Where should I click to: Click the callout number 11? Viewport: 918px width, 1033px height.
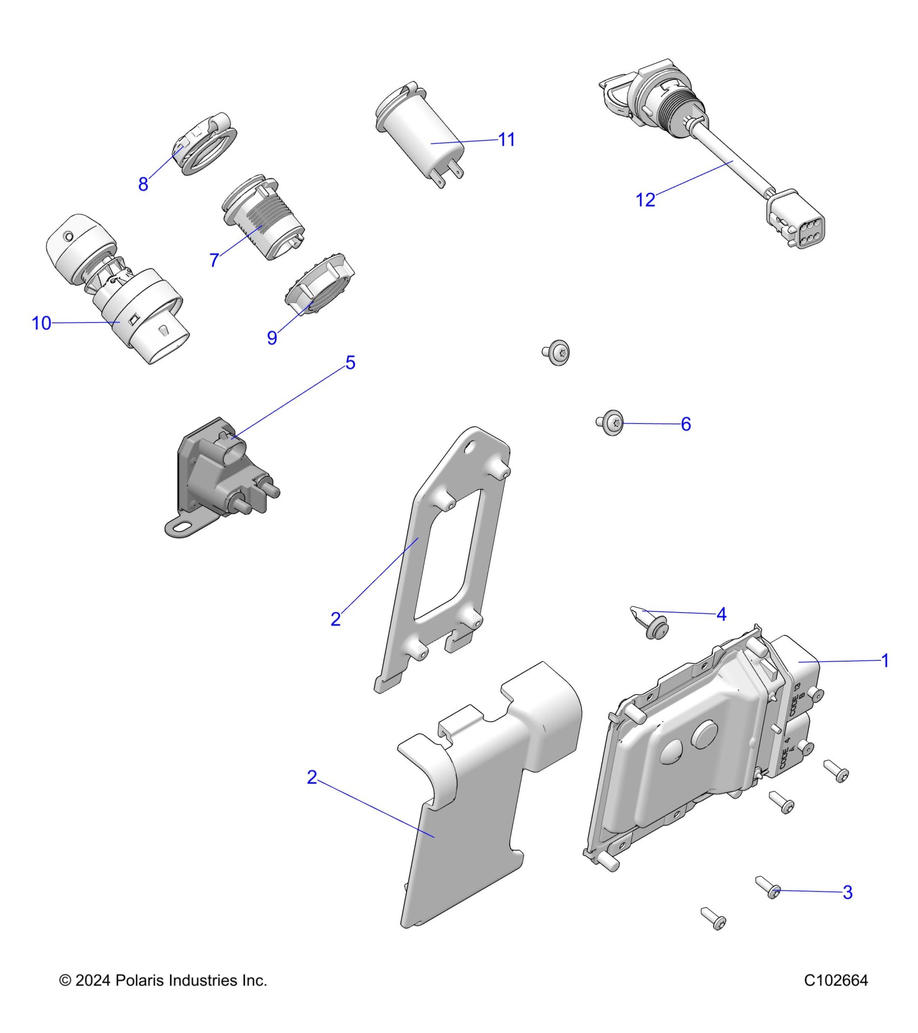pyautogui.click(x=507, y=140)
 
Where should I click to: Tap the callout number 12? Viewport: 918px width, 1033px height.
pyautogui.click(x=645, y=200)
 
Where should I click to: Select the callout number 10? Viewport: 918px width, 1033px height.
pyautogui.click(x=42, y=323)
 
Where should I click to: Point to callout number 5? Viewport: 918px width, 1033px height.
pyautogui.click(x=350, y=363)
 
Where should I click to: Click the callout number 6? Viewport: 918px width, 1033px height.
pyautogui.click(x=686, y=424)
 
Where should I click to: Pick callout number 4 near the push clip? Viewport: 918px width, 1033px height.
pyautogui.click(x=721, y=614)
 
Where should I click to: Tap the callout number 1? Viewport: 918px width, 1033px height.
pyautogui.click(x=885, y=660)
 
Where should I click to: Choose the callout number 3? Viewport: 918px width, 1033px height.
pyautogui.click(x=848, y=893)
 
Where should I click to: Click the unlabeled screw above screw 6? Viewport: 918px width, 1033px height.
pyautogui.click(x=557, y=352)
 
